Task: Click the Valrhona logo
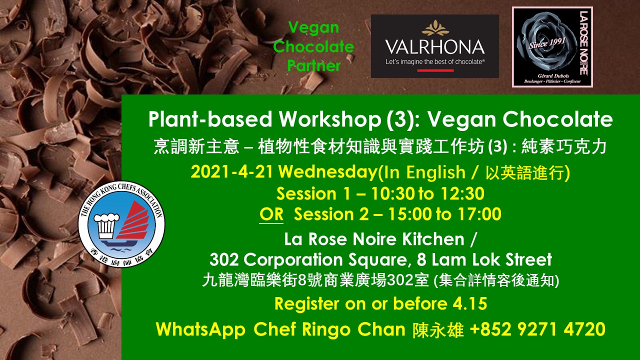coord(435,46)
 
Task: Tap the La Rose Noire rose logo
coord(552,47)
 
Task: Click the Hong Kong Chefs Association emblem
coord(121,224)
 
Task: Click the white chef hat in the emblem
coord(106,225)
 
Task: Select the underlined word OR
coord(271,214)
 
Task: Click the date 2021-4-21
coord(231,172)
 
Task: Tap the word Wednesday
coord(328,172)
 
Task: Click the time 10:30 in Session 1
coord(393,193)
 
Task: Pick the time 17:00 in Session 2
coord(479,214)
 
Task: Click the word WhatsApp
coord(200,329)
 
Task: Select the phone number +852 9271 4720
coord(537,329)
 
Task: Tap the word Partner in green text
coord(313,65)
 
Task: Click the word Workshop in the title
coord(330,119)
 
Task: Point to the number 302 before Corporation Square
coord(223,259)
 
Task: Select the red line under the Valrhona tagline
coord(435,70)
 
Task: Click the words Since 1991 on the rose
coord(547,43)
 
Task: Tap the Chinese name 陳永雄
coord(437,329)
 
